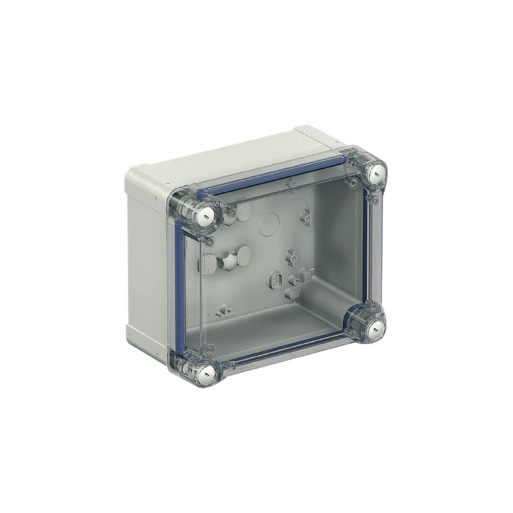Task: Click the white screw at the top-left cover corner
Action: coord(208,216)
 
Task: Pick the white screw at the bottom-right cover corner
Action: coord(377,328)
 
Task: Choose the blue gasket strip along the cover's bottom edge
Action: coord(289,353)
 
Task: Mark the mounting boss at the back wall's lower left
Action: coord(224,311)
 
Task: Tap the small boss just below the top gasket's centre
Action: coord(292,185)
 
